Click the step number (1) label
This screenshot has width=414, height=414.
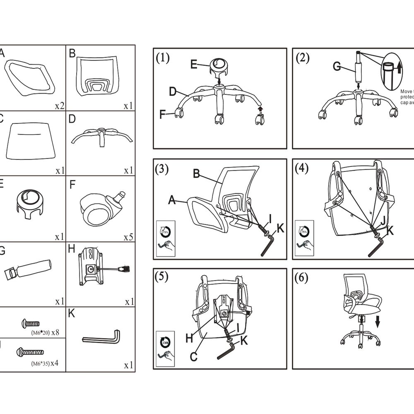tap(163, 58)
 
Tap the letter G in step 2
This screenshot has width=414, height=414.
tap(337, 66)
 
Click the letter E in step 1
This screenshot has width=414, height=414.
tap(194, 64)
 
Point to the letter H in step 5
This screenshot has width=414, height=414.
tap(189, 338)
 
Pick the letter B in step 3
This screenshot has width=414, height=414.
tap(197, 174)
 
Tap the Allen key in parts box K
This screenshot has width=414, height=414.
tap(102, 337)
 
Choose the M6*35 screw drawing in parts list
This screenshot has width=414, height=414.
tap(29, 352)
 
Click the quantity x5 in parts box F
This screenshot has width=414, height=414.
tap(129, 238)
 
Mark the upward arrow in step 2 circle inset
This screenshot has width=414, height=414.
tap(399, 67)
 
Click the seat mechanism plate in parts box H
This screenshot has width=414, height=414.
tap(91, 268)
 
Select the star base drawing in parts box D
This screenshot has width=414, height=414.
tap(99, 135)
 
